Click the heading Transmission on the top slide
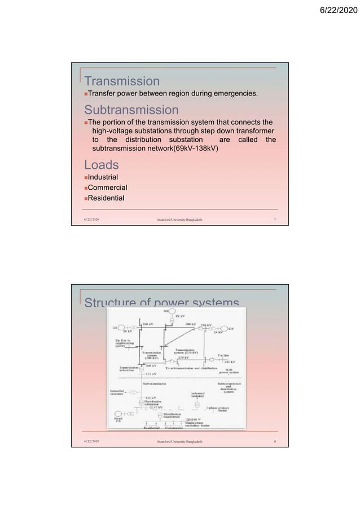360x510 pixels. coord(121,82)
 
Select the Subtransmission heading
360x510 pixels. coord(131,110)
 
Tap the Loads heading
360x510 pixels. coord(102,165)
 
